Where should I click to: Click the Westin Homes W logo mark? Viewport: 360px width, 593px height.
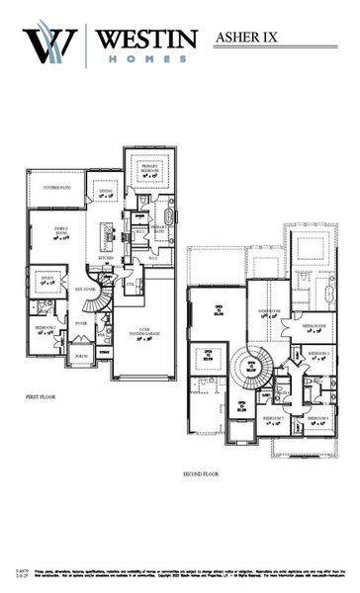pos(50,44)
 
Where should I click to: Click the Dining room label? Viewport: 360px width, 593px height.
pos(107,195)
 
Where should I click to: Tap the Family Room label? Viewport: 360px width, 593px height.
pos(46,232)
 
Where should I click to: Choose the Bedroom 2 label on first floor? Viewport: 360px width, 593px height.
pos(45,329)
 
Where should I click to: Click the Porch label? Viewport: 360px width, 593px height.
pos(81,358)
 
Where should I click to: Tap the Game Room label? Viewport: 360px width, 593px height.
pos(269,314)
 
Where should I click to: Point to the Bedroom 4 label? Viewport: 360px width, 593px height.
pos(317,419)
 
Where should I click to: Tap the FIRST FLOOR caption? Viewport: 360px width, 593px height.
pos(41,396)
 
